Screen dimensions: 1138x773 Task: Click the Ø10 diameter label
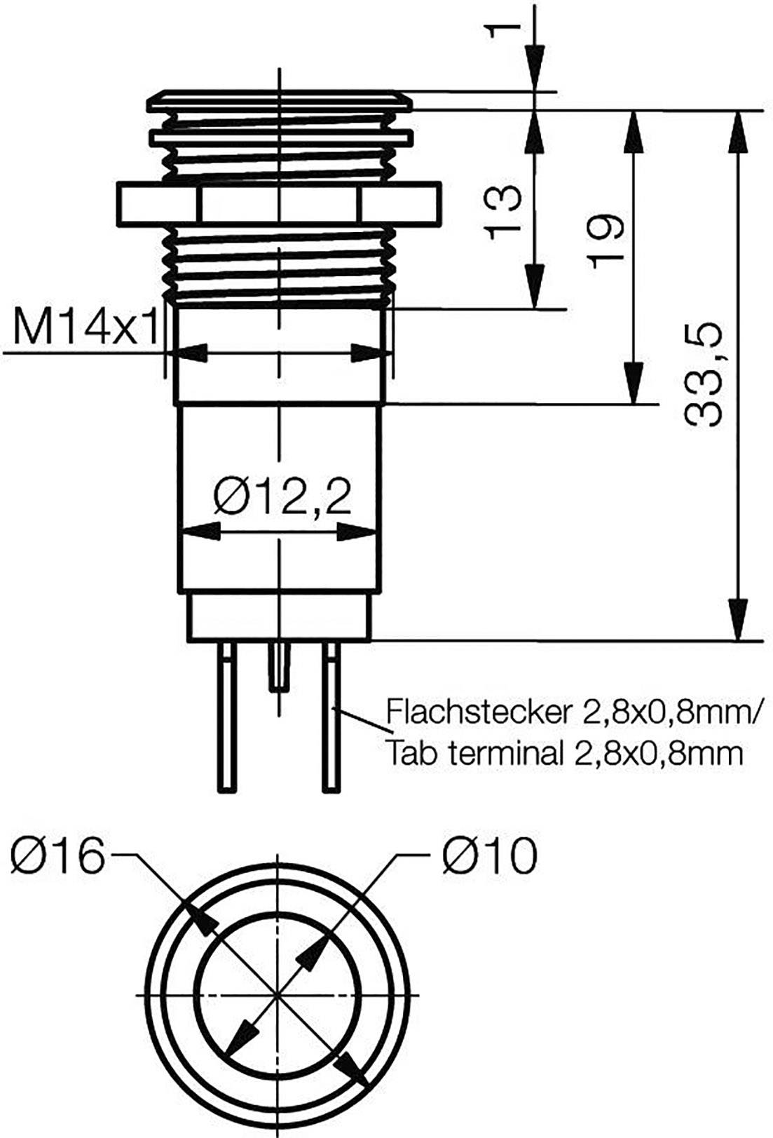point(490,855)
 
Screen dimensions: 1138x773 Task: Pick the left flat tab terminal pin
point(226,719)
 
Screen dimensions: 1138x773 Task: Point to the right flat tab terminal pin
point(331,719)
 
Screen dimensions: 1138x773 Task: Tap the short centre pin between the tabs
point(279,666)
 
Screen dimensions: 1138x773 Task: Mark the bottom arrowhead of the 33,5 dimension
point(738,621)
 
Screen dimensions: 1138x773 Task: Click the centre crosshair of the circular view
point(279,995)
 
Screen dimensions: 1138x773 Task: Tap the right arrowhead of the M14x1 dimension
point(370,353)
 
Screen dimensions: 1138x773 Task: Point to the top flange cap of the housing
point(280,100)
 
